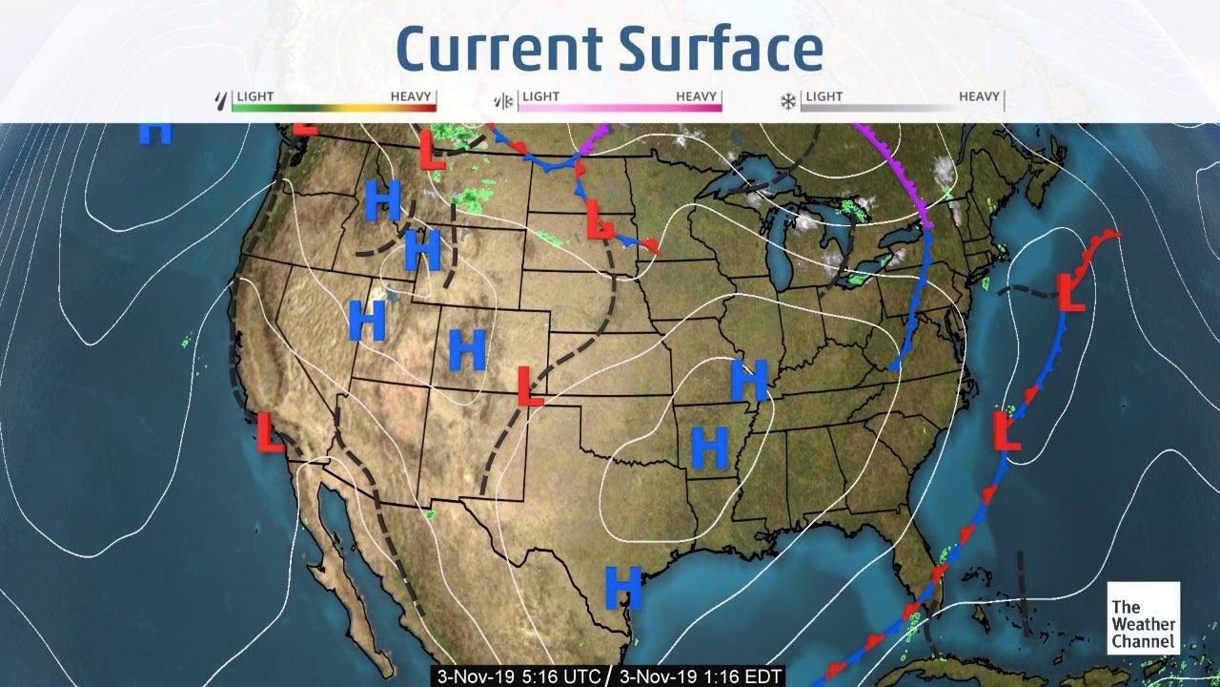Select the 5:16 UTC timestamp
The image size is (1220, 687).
[518, 677]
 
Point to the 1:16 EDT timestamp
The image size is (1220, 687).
[701, 677]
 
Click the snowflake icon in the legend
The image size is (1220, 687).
[788, 100]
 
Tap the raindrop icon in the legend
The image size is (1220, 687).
[223, 100]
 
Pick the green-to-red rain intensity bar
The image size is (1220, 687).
[334, 108]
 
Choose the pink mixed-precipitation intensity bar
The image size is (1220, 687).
[620, 108]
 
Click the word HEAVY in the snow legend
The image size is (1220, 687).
[979, 96]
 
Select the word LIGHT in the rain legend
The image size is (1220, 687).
[254, 96]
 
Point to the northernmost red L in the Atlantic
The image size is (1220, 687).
[1072, 291]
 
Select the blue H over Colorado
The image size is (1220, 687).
[467, 350]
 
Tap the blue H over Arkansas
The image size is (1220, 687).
[710, 448]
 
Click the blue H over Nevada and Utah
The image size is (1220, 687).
[367, 321]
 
